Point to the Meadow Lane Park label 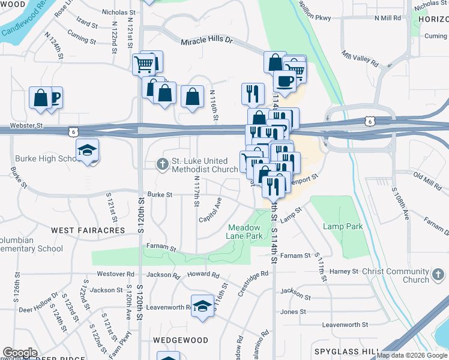point(245,232)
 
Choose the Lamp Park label point(343,226)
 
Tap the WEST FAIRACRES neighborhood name point(88,230)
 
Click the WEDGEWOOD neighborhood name point(180,340)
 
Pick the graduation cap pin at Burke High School point(87,150)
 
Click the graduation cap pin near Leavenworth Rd point(203,307)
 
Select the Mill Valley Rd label point(360,59)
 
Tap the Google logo point(20,353)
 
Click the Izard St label point(87,24)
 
